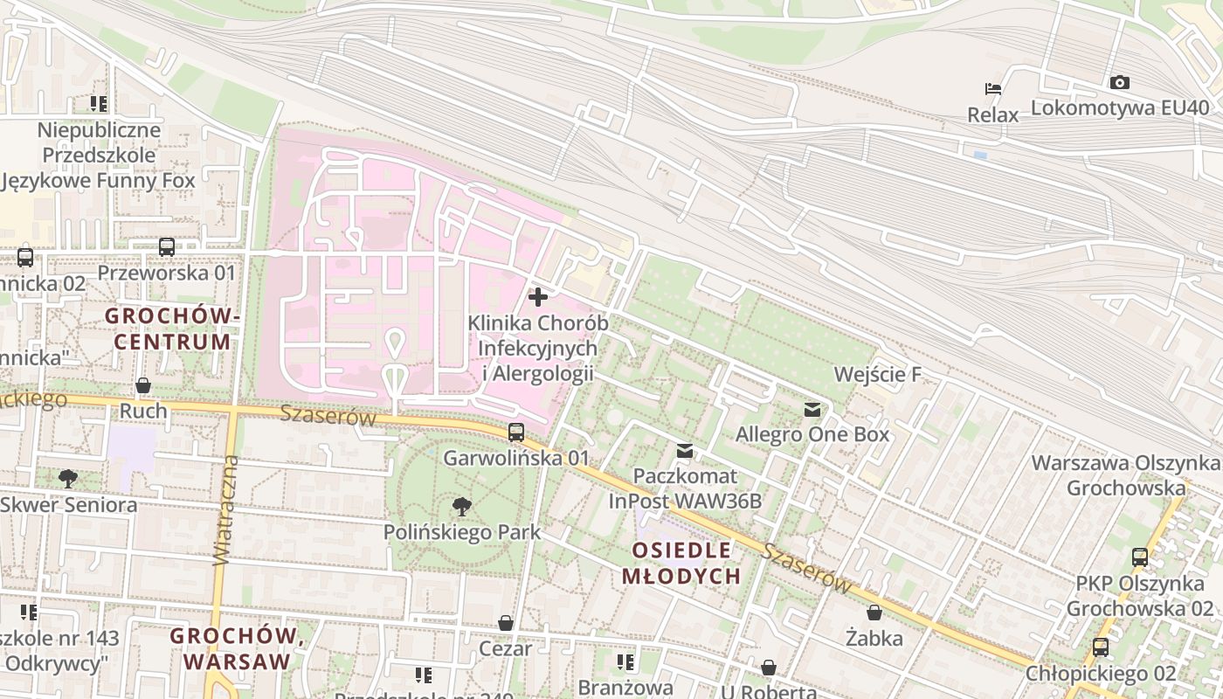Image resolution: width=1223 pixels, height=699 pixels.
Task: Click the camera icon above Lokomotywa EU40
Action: [1119, 83]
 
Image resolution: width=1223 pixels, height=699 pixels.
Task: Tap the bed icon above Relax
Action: [992, 88]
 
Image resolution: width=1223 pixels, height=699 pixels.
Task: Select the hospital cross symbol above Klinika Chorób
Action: [538, 297]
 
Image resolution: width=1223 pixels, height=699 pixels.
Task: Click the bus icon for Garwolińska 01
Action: [516, 433]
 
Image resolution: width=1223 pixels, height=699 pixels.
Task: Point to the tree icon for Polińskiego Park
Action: [461, 507]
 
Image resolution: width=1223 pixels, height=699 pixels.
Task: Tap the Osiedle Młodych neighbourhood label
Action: [681, 563]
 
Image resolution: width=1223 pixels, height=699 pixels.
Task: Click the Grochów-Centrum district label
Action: [172, 328]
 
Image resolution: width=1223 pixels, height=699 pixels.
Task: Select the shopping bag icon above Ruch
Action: [143, 385]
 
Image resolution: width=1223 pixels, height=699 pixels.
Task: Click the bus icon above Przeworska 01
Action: [167, 247]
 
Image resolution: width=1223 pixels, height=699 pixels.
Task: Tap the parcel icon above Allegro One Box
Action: [812, 409]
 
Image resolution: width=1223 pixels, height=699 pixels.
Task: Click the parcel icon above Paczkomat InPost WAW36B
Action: [685, 451]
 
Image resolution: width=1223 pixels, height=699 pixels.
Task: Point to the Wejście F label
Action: [877, 375]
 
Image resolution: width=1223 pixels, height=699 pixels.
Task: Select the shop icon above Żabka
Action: [874, 612]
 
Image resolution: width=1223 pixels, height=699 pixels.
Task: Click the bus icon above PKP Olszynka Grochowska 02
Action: [1140, 557]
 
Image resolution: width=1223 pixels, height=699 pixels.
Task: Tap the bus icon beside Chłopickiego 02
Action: [1100, 647]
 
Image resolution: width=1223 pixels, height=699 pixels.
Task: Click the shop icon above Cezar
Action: [505, 623]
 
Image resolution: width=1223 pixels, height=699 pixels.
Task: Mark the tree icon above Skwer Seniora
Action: [68, 479]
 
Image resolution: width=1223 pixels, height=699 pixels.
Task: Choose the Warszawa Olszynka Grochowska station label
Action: [1126, 474]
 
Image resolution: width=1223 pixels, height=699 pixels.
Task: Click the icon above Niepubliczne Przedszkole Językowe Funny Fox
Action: [99, 104]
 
